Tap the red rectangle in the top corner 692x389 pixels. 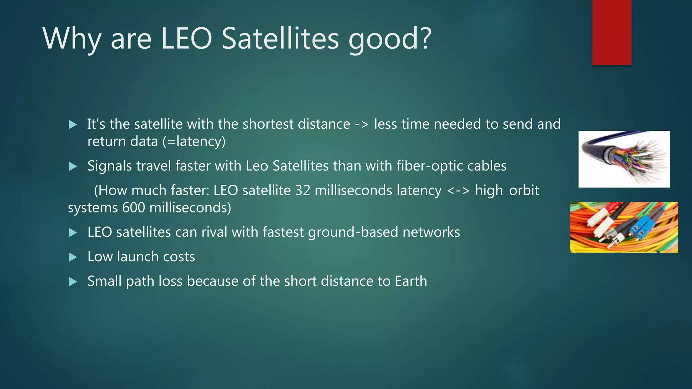pyautogui.click(x=612, y=32)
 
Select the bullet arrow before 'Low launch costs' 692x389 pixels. pyautogui.click(x=73, y=258)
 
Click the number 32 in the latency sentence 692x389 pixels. pyautogui.click(x=303, y=190)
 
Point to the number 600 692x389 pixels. pyautogui.click(x=133, y=208)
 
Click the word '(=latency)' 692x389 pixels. pyautogui.click(x=194, y=141)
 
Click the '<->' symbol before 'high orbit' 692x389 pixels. pyautogui.click(x=458, y=190)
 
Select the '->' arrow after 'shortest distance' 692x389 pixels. pyautogui.click(x=362, y=124)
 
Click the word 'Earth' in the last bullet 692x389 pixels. pyautogui.click(x=411, y=281)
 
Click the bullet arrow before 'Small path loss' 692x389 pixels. pyautogui.click(x=73, y=282)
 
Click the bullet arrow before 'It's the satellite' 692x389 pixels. pyautogui.click(x=73, y=125)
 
